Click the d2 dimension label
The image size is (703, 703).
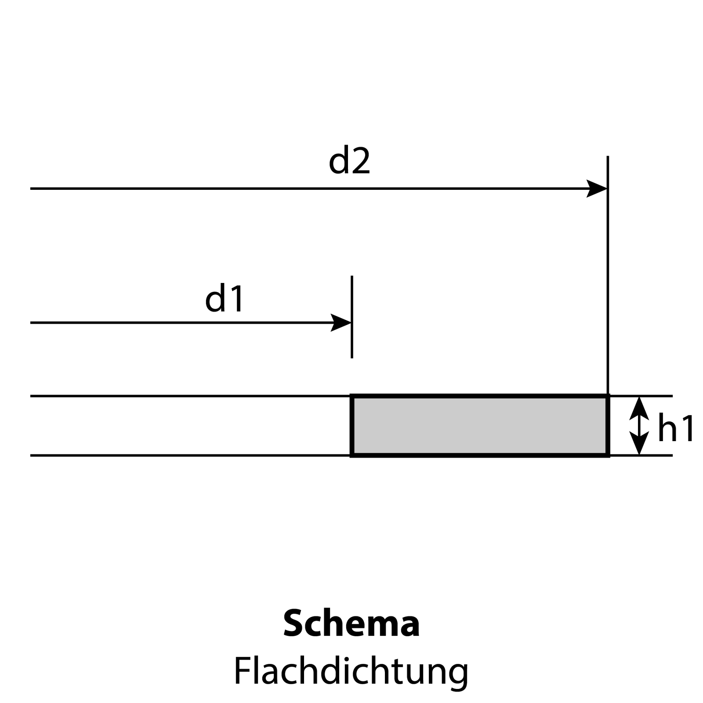coord(349,162)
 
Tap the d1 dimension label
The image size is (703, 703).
coord(224,299)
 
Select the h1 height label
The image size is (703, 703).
coord(675,428)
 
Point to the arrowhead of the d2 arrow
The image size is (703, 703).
coord(598,188)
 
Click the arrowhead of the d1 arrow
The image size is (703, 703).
coord(341,323)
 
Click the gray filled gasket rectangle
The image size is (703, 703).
coord(480,426)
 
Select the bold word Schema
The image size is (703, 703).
coord(351,624)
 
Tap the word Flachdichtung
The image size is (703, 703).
coord(351,671)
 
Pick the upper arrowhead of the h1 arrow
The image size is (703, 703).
coord(639,407)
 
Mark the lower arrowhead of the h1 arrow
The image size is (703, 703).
coord(639,445)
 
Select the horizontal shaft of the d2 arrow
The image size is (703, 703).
coord(308,188)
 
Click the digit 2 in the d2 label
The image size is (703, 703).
coord(361,162)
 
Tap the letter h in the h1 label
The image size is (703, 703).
coord(666,428)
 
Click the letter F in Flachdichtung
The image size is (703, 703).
coord(242,671)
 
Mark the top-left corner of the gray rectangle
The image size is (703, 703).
coord(351,396)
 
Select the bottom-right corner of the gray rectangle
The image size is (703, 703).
coord(608,456)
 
